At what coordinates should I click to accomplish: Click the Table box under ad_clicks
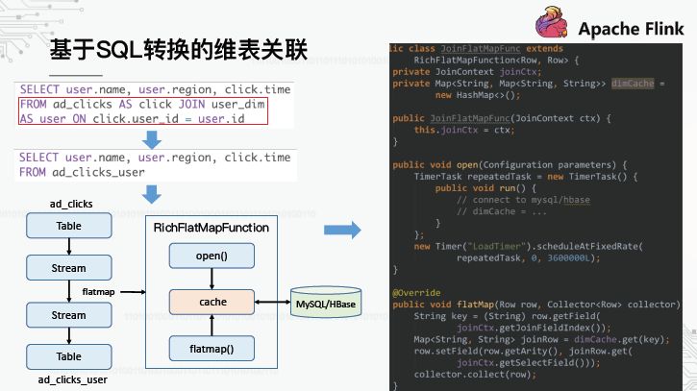pyautogui.click(x=68, y=226)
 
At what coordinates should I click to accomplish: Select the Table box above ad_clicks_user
pyautogui.click(x=68, y=356)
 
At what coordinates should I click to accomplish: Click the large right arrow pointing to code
pyautogui.click(x=342, y=231)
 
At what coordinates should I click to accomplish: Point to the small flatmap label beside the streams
pyautogui.click(x=99, y=290)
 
